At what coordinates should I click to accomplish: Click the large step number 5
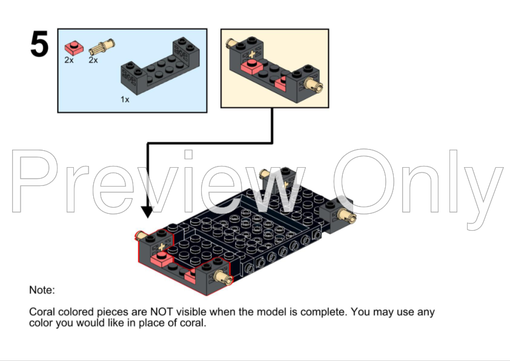[x=39, y=44]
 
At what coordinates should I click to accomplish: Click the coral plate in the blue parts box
[x=74, y=48]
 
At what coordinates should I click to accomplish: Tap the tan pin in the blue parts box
[x=102, y=47]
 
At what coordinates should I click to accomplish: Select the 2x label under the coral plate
[x=69, y=60]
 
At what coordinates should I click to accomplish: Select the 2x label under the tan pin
[x=93, y=60]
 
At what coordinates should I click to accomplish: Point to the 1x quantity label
[x=125, y=99]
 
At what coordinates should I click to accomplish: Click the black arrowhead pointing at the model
[x=147, y=212]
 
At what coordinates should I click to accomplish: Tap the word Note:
[x=42, y=290]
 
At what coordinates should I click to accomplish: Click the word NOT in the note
[x=161, y=312]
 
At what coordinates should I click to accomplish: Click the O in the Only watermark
[x=363, y=182]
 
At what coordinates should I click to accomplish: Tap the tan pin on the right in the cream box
[x=313, y=85]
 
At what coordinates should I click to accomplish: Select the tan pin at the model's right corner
[x=346, y=216]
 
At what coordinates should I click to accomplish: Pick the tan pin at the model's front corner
[x=224, y=277]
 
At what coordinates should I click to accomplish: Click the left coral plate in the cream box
[x=252, y=67]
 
